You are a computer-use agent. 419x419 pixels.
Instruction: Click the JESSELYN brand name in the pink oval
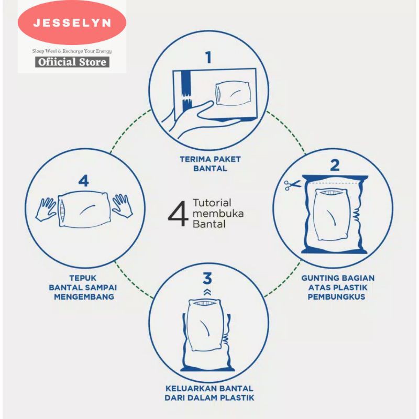[72, 23]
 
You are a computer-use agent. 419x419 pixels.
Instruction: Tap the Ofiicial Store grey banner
[72, 62]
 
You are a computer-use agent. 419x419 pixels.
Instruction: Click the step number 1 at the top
[208, 57]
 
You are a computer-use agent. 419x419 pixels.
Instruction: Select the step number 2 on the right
[335, 165]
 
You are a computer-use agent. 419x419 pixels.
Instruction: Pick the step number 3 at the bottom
[207, 278]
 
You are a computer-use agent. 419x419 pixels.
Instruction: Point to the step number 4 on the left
[84, 181]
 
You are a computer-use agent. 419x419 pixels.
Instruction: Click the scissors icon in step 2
[292, 185]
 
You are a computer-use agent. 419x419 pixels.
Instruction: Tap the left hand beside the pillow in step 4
[46, 210]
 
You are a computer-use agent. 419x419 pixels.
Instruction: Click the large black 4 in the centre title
[178, 214]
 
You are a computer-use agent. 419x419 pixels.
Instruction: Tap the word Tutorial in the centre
[212, 203]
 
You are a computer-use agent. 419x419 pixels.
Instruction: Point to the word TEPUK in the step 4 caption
[83, 278]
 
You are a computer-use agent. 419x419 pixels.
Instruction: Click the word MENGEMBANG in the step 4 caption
[84, 296]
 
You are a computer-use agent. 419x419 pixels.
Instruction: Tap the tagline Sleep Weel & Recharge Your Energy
[72, 51]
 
